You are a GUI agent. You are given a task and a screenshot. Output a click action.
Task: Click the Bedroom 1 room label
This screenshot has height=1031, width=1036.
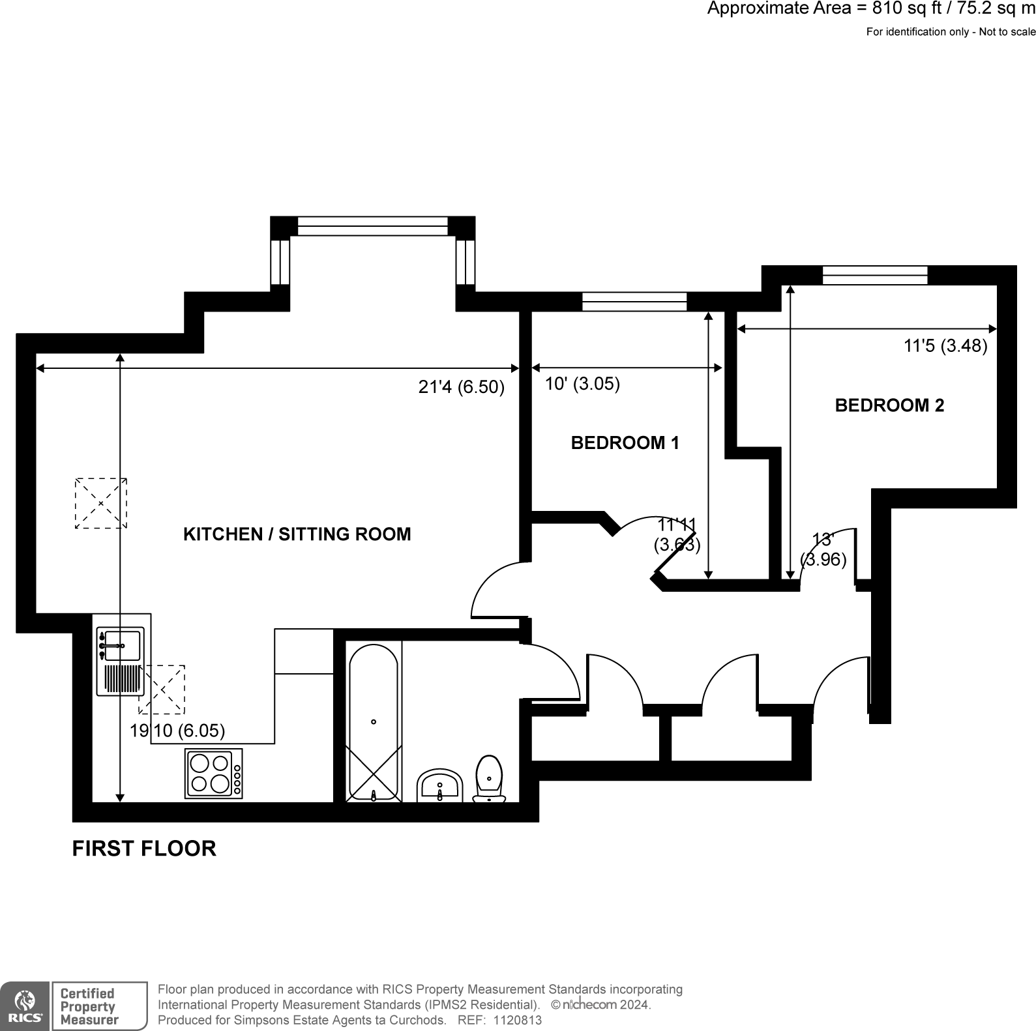pyautogui.click(x=625, y=443)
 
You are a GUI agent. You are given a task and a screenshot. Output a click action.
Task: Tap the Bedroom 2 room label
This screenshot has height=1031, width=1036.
pyautogui.click(x=889, y=405)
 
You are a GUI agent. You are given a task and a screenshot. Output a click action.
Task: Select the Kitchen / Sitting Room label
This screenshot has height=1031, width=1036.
pyautogui.click(x=297, y=534)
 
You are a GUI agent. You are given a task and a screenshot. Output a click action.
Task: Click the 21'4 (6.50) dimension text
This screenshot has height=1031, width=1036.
pyautogui.click(x=461, y=387)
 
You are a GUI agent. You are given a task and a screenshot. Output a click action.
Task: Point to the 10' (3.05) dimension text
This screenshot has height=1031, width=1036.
pyautogui.click(x=582, y=384)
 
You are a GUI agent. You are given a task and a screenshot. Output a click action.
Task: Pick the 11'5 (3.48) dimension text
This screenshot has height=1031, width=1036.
pyautogui.click(x=945, y=345)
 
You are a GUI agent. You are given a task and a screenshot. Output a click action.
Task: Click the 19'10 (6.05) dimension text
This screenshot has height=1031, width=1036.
pyautogui.click(x=177, y=731)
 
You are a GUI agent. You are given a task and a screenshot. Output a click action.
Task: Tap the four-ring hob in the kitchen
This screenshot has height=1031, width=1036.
pyautogui.click(x=214, y=773)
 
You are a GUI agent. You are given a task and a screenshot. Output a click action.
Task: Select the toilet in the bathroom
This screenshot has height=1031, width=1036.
pyautogui.click(x=489, y=779)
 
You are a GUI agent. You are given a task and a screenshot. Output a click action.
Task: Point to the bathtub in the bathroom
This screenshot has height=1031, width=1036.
pyautogui.click(x=374, y=721)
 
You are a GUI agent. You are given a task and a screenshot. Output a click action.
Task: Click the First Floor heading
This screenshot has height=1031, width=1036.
pyautogui.click(x=144, y=849)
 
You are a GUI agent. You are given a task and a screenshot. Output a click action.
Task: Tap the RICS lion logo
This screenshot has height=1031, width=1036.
pyautogui.click(x=24, y=1006)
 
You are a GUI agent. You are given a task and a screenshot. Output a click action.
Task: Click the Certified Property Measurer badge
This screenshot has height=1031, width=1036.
pyautogui.click(x=100, y=1006)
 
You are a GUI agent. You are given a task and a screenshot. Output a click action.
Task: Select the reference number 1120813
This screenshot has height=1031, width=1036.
pyautogui.click(x=518, y=1021)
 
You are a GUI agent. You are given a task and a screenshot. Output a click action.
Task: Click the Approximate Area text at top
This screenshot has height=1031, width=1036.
pyautogui.click(x=870, y=9)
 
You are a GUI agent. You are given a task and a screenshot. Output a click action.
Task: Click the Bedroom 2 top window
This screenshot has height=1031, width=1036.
pyautogui.click(x=874, y=275)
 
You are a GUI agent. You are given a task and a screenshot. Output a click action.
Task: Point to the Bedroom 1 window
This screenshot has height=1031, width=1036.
pyautogui.click(x=634, y=302)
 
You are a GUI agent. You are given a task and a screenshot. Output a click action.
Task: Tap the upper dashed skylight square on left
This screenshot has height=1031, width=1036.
pyautogui.click(x=101, y=503)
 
